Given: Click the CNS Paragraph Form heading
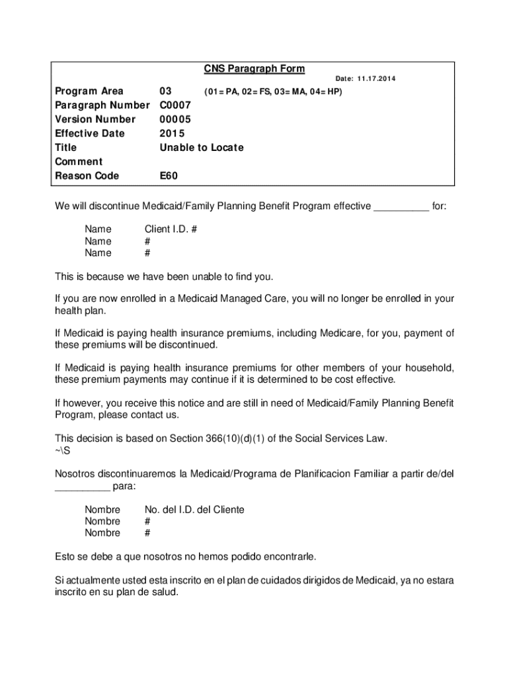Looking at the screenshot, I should [255, 69].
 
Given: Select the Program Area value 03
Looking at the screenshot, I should [166, 91].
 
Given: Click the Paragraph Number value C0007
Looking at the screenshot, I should [175, 105].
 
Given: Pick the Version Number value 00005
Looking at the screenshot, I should [175, 119].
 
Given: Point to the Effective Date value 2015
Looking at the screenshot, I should [172, 133].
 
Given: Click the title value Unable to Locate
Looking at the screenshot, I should [202, 148].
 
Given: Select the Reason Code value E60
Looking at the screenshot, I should [169, 175].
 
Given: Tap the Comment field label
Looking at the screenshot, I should [79, 162].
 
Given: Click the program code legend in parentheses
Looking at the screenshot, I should [272, 91].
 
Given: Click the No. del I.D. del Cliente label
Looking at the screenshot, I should [194, 509].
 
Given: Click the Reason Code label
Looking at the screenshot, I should [87, 175].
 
